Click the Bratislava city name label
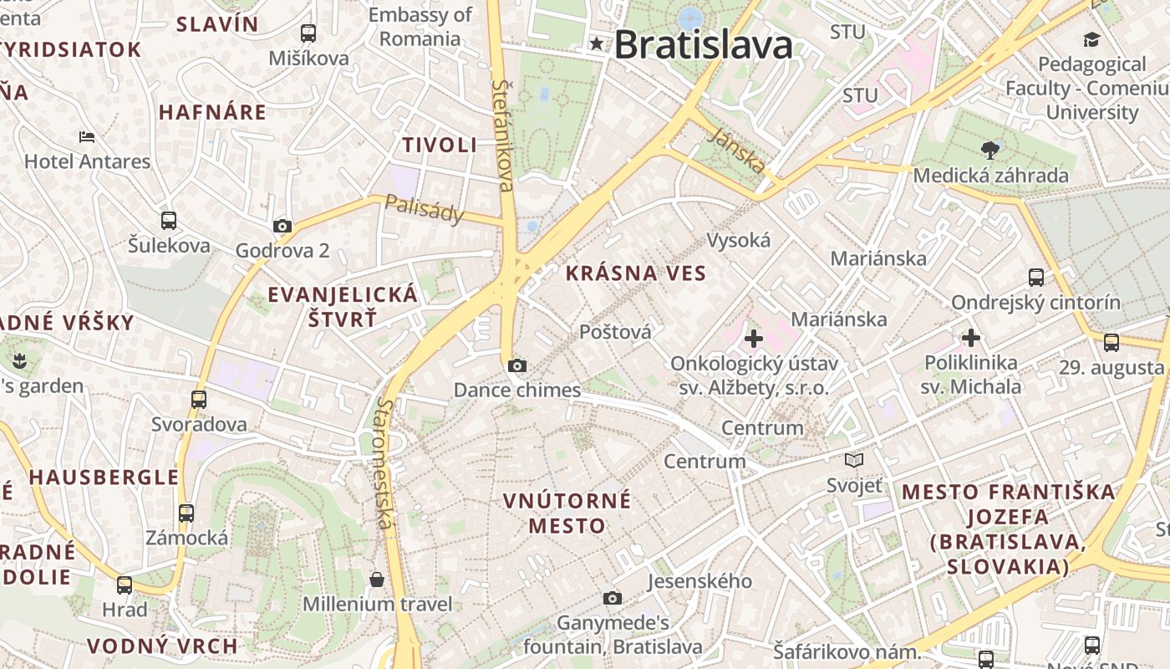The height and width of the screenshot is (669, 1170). pos(703,44)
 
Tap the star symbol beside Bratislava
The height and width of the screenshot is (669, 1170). pos(597,43)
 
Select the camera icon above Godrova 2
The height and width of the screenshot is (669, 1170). pos(282,226)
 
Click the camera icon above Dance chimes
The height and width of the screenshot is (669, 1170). pos(517,365)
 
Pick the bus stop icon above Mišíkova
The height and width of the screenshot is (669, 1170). pos(308,33)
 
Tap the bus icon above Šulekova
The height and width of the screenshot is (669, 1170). pos(169,221)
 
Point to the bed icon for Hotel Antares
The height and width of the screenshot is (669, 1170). pos(87,136)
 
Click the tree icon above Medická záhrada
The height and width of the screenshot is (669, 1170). pos(990,151)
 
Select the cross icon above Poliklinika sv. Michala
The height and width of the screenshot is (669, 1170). pos(970,338)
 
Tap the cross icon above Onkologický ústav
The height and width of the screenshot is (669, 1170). pos(754,339)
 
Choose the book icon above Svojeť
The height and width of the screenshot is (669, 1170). pos(854,460)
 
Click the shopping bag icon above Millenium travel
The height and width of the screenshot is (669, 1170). pos(377,580)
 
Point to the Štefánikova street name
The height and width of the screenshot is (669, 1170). pos(503,134)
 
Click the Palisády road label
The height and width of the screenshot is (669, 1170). pos(425,209)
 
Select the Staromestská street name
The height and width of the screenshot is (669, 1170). pos(384,462)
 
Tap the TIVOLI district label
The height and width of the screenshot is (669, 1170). pos(440,145)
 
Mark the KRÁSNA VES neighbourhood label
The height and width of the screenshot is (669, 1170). pos(636,273)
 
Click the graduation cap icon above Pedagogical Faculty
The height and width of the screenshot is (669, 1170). pos(1091,39)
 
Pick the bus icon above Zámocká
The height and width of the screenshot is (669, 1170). pos(186,513)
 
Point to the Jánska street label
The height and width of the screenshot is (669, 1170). pos(735,151)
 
